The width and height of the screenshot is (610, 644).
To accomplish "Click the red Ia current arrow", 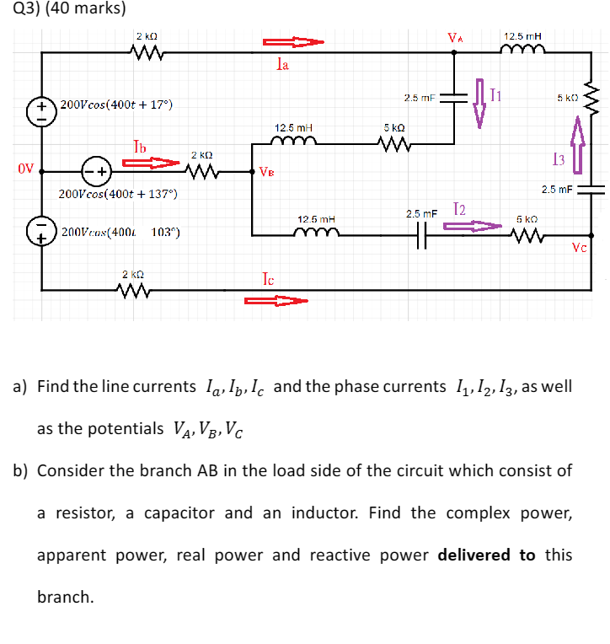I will [292, 42].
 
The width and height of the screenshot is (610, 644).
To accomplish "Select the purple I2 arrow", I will [470, 226].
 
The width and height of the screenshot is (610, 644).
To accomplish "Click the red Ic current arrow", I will [276, 300].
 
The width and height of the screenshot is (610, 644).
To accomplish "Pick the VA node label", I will [456, 37].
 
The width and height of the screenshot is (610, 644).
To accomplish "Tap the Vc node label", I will [579, 248].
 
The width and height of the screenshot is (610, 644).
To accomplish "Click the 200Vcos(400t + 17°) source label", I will [116, 105].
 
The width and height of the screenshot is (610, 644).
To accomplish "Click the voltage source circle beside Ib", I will [94, 169].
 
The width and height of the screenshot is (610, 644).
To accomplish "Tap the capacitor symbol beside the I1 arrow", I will [456, 98].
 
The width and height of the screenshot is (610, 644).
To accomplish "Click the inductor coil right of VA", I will [522, 52].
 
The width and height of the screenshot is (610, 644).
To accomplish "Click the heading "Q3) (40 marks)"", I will [63, 9].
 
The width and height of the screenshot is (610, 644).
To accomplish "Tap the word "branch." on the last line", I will [65, 597].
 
